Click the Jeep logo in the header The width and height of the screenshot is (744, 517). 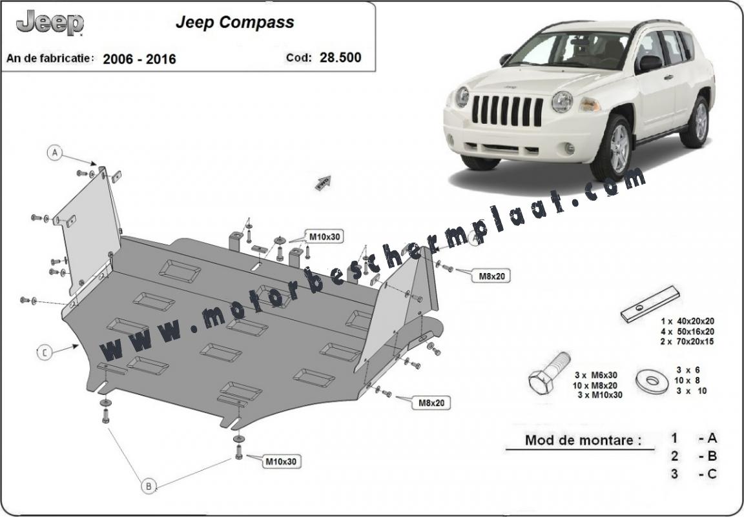(50, 23)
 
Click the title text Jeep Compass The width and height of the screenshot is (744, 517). (235, 23)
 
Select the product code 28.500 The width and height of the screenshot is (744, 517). (340, 57)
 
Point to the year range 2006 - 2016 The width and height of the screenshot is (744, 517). (139, 59)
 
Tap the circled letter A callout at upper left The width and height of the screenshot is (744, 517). (55, 153)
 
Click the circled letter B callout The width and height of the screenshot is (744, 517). (149, 486)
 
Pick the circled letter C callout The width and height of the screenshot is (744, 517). (44, 352)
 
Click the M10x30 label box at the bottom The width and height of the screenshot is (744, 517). (280, 461)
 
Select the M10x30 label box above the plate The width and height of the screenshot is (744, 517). (325, 237)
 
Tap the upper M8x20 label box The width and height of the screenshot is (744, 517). (491, 276)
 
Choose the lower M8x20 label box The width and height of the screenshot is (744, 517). (430, 403)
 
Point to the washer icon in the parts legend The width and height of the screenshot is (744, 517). (652, 380)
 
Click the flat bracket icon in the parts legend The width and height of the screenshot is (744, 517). (650, 304)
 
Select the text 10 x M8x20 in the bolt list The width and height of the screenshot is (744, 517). (595, 385)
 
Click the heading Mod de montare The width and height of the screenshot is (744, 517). (583, 440)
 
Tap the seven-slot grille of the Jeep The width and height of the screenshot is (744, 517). (507, 110)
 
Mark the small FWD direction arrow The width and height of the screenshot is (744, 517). (323, 183)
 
